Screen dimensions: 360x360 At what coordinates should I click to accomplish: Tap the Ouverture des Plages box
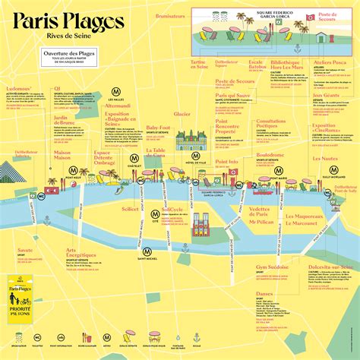(x=72, y=58)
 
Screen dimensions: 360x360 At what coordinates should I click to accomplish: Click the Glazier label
(x=182, y=114)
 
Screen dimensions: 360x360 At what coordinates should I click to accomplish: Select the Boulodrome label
(x=270, y=155)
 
